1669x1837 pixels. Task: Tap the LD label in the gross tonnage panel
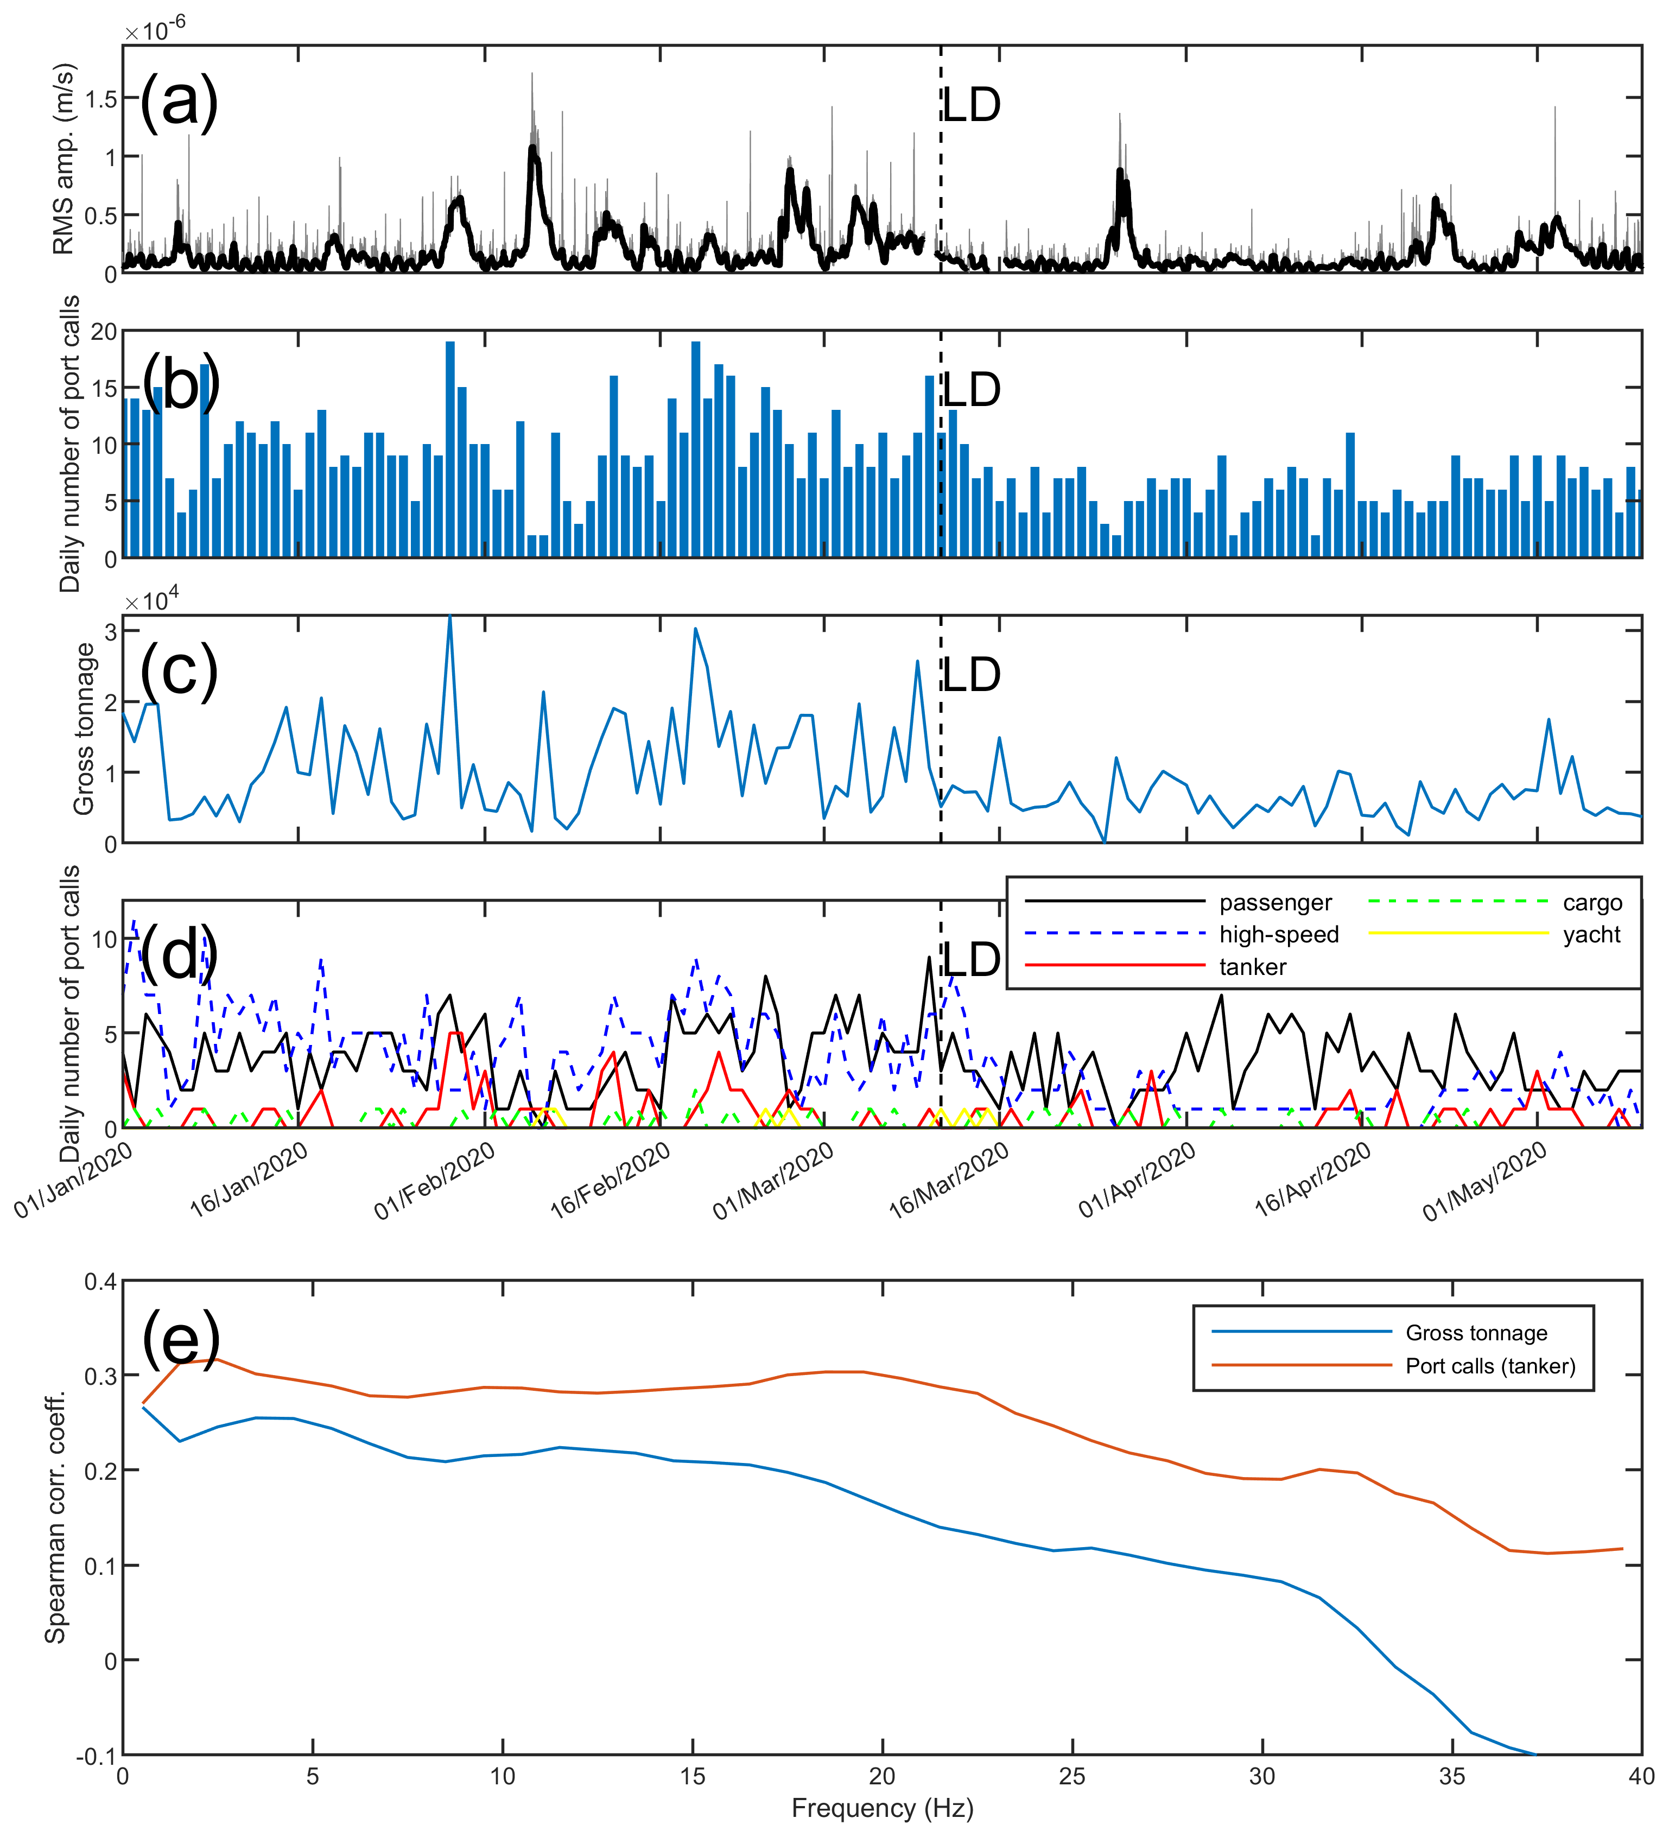point(971,675)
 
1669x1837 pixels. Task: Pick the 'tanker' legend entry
point(1253,967)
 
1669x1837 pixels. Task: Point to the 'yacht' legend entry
point(1591,935)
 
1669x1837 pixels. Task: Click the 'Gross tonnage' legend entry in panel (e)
point(1476,1333)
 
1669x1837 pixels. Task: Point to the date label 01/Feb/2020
point(435,1182)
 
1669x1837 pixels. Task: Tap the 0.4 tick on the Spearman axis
point(100,1282)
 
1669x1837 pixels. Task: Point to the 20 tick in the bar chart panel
point(104,332)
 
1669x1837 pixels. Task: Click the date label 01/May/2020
point(1485,1182)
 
